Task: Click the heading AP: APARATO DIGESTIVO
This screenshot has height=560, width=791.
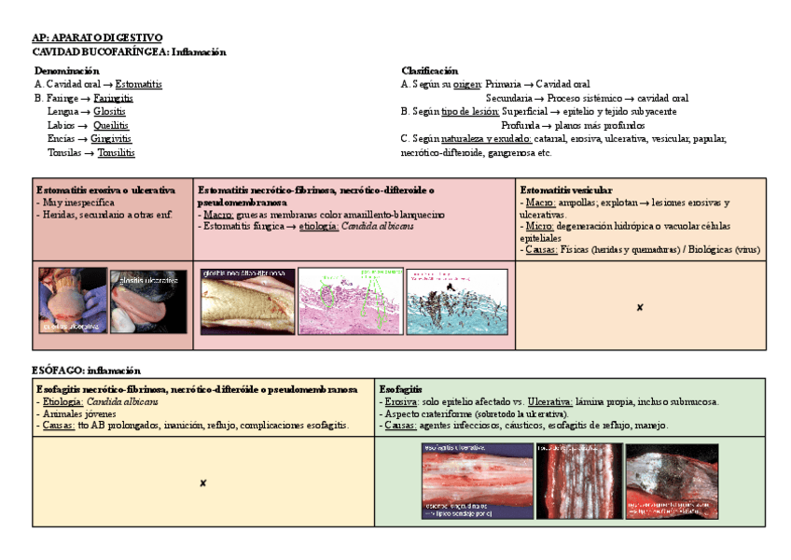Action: pyautogui.click(x=96, y=37)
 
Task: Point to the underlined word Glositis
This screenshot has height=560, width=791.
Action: pyautogui.click(x=109, y=111)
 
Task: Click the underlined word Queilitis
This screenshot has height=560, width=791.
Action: pyautogui.click(x=111, y=125)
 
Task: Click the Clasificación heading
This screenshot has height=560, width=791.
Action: pyautogui.click(x=429, y=70)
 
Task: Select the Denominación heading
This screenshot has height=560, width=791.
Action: pyautogui.click(x=66, y=70)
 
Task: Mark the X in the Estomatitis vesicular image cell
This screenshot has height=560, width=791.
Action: pyautogui.click(x=639, y=307)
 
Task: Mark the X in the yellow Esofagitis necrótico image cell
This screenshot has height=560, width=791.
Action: pyautogui.click(x=202, y=483)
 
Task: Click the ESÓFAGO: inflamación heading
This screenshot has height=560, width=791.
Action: pyautogui.click(x=86, y=371)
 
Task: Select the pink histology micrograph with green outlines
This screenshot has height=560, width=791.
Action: pyautogui.click(x=349, y=301)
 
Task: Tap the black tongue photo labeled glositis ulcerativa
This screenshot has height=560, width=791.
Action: pyautogui.click(x=148, y=301)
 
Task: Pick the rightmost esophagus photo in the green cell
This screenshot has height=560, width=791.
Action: pyautogui.click(x=672, y=481)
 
